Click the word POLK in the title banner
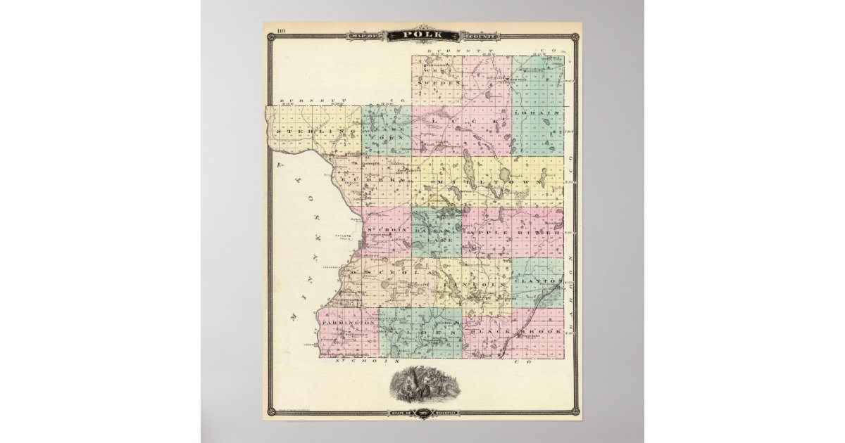coord(422,35)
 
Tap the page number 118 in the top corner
coord(281,30)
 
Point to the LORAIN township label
coord(537,113)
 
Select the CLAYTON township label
coord(537,281)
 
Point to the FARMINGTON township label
coord(349,322)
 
